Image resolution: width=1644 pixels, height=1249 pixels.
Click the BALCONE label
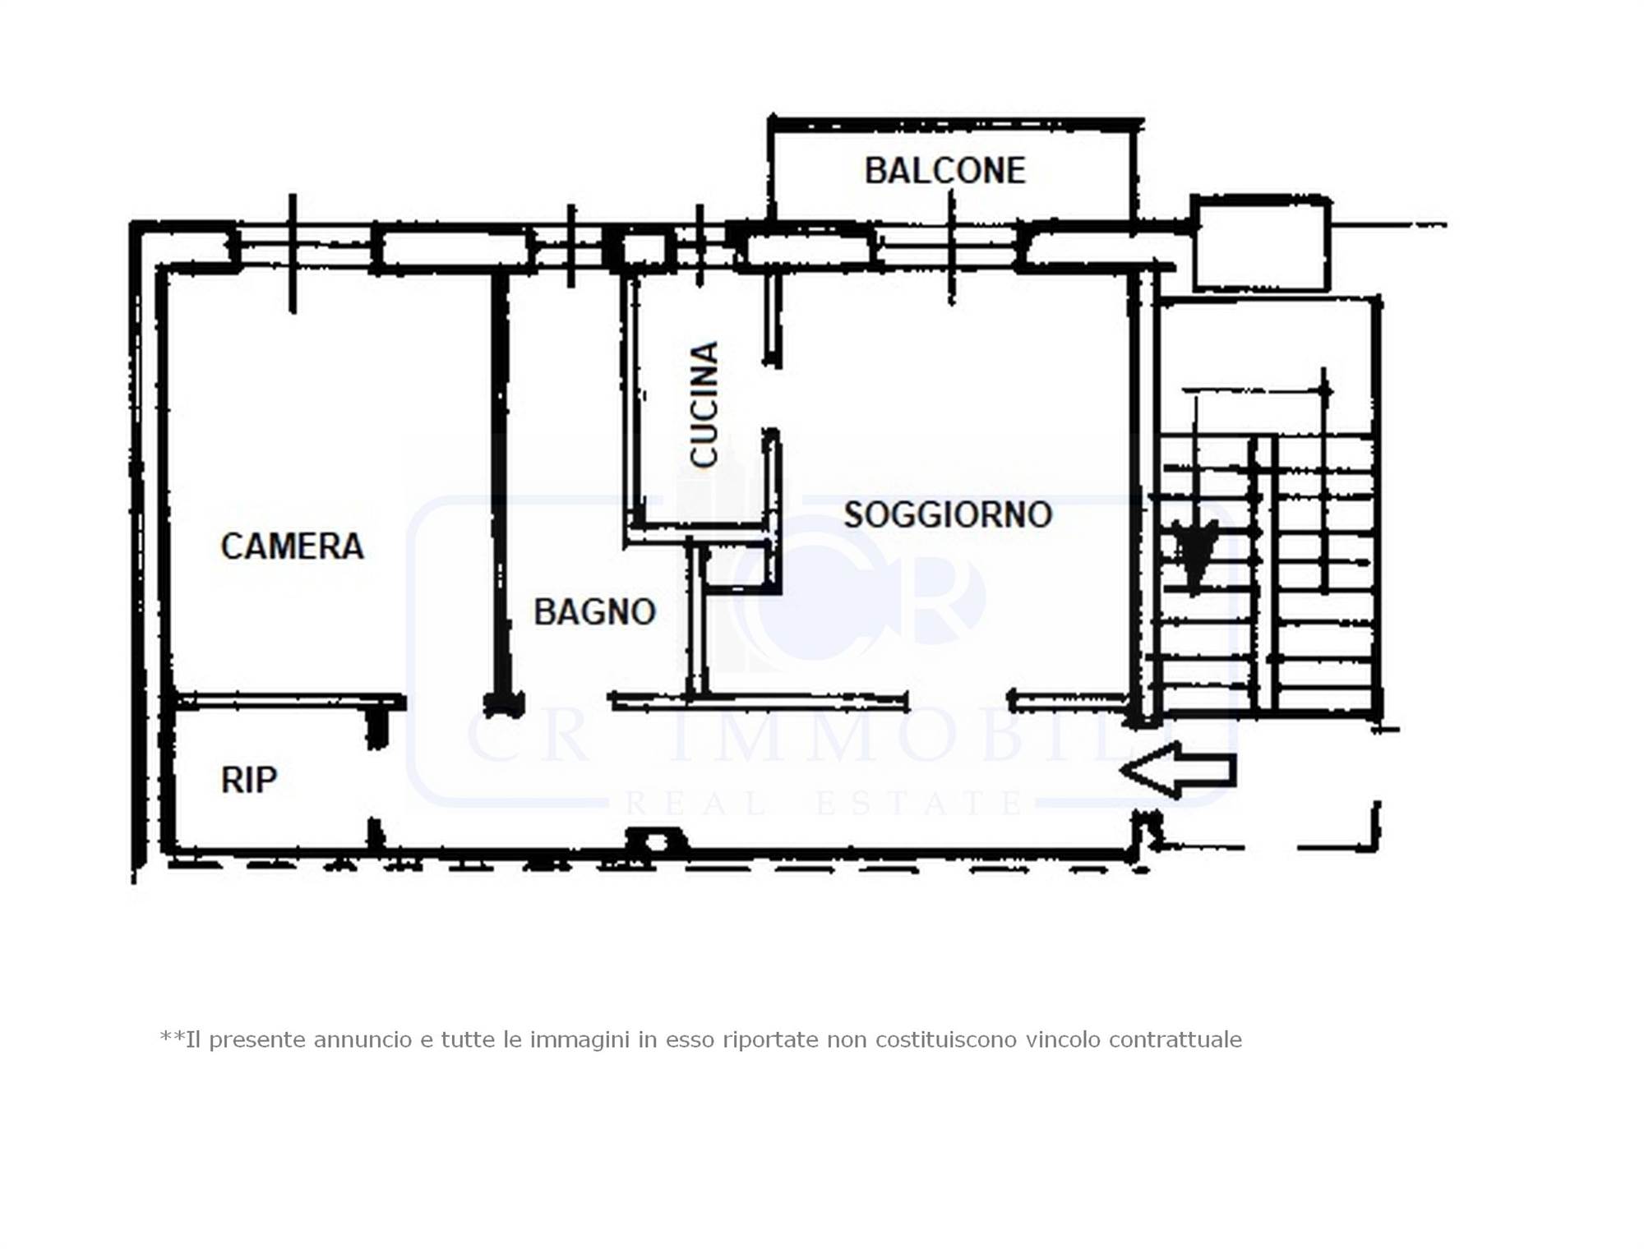point(944,171)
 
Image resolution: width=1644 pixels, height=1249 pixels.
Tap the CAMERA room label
point(292,546)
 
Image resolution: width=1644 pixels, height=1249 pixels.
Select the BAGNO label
point(594,612)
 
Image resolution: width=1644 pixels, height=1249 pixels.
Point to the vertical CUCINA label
point(704,404)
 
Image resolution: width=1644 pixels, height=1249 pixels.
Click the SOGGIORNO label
point(948,515)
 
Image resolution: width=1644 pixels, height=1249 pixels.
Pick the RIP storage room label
point(249,780)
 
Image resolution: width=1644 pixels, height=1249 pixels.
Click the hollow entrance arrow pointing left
point(1179,770)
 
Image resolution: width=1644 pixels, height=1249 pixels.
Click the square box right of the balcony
point(1260,242)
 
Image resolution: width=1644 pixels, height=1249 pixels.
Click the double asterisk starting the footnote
point(173,1036)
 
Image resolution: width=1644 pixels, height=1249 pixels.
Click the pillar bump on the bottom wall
point(656,841)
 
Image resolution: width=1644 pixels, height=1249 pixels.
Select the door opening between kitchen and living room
point(771,398)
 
